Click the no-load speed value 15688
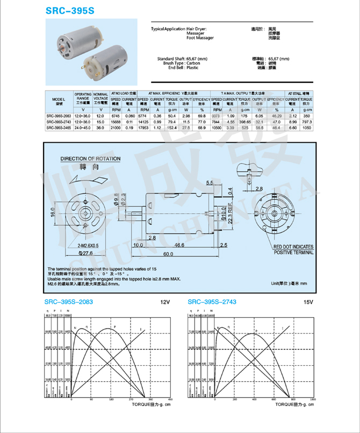[x=116, y=122]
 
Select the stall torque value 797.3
[x=307, y=122]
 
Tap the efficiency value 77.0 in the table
[x=201, y=122]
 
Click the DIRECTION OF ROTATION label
[x=90, y=159]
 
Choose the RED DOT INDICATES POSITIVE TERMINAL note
[x=293, y=249]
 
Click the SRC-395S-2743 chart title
[x=212, y=302]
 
